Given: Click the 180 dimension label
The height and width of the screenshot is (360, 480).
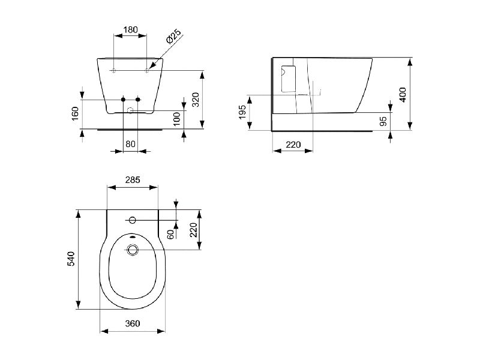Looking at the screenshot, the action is [x=130, y=29].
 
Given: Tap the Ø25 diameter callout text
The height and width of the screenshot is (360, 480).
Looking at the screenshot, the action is [x=173, y=37].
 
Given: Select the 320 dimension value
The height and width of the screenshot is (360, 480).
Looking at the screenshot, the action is [x=196, y=100].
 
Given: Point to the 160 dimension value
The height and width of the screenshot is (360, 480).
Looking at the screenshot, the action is [x=76, y=113].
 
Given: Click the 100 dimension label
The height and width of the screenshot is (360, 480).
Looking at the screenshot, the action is [x=177, y=119].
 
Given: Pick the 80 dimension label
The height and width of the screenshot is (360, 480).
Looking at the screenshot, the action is [x=130, y=143].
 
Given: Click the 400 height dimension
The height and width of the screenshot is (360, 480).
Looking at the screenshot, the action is [x=403, y=95].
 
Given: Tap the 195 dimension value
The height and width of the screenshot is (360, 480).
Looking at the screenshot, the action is [x=242, y=112].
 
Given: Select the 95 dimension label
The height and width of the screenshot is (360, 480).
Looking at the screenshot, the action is [x=383, y=121].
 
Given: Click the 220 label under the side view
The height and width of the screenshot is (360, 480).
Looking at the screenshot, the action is [x=293, y=144].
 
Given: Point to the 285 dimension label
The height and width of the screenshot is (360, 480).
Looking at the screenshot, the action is [x=133, y=179].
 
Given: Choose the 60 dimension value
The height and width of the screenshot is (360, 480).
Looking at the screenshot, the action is [x=171, y=234].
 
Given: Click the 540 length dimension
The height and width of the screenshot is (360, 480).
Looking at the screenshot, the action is [x=71, y=259].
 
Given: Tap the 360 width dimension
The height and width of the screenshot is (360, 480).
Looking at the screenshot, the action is [x=133, y=323].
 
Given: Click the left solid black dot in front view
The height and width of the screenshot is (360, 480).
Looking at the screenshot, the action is [x=123, y=100].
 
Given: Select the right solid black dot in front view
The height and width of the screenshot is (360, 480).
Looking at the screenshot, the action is [x=138, y=100].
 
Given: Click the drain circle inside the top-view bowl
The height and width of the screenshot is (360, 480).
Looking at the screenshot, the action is [x=132, y=250].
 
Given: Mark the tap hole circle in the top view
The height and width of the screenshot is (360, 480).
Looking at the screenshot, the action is [x=132, y=220].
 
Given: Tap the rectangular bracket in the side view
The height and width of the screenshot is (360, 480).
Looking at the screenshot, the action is [x=289, y=79].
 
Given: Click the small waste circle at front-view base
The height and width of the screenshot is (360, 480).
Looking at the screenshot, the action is [x=130, y=110].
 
